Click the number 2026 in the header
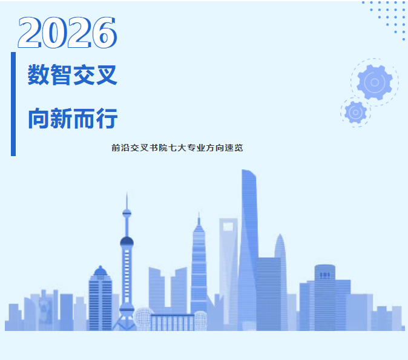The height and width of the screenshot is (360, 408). (x=67, y=33)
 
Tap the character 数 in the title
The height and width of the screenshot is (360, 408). (x=39, y=74)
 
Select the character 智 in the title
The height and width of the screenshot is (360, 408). (x=61, y=74)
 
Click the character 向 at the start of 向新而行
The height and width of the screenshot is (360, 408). (x=39, y=119)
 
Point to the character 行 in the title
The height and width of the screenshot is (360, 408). (x=107, y=119)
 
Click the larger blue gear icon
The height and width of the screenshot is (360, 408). (x=375, y=82)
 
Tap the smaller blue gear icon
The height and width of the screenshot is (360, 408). (x=356, y=113)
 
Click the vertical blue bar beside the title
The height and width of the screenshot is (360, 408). (x=13, y=104)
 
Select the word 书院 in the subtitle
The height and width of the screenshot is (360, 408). (x=158, y=148)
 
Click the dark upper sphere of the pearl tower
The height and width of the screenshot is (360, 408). (x=127, y=242)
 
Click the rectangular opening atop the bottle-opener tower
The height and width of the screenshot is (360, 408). (x=228, y=227)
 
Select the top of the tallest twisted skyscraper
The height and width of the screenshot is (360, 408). (x=249, y=173)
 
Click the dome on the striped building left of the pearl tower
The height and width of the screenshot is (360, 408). (x=100, y=271)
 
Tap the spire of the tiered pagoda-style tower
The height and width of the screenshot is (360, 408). (x=199, y=218)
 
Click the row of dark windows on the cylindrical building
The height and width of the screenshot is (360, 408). (x=324, y=275)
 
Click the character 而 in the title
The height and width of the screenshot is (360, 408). (x=84, y=119)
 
